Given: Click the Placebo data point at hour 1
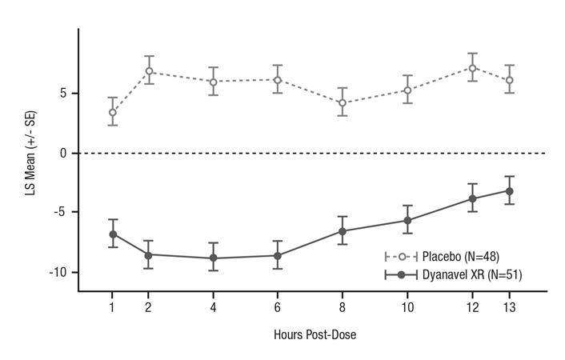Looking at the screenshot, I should point(113,112).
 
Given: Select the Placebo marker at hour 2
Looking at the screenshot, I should point(148,71).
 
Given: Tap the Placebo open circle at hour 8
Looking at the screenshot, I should point(343,102).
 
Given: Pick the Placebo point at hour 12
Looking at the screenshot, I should point(473,68).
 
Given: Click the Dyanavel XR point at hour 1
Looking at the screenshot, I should point(113,234).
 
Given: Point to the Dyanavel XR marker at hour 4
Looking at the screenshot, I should point(213,258).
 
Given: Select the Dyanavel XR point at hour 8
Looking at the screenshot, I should point(343,231).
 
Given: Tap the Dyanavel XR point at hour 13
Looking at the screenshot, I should point(509,190).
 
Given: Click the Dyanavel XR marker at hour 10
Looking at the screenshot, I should point(408,220).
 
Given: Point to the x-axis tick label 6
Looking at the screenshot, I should point(278,306).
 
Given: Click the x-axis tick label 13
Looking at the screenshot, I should point(509,306).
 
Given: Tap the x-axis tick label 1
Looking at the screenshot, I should point(113,306).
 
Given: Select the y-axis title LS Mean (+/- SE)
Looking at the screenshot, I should point(30,153).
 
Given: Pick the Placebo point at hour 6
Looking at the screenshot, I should point(278,80).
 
